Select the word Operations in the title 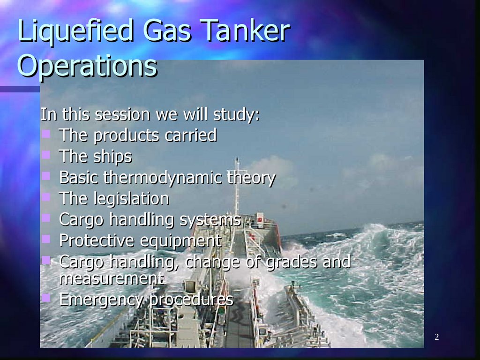tap(87, 66)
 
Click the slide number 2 tap(436, 337)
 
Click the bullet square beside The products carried tap(46, 134)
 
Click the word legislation tap(131, 199)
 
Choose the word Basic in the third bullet tap(79, 178)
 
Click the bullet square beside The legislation tap(46, 197)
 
